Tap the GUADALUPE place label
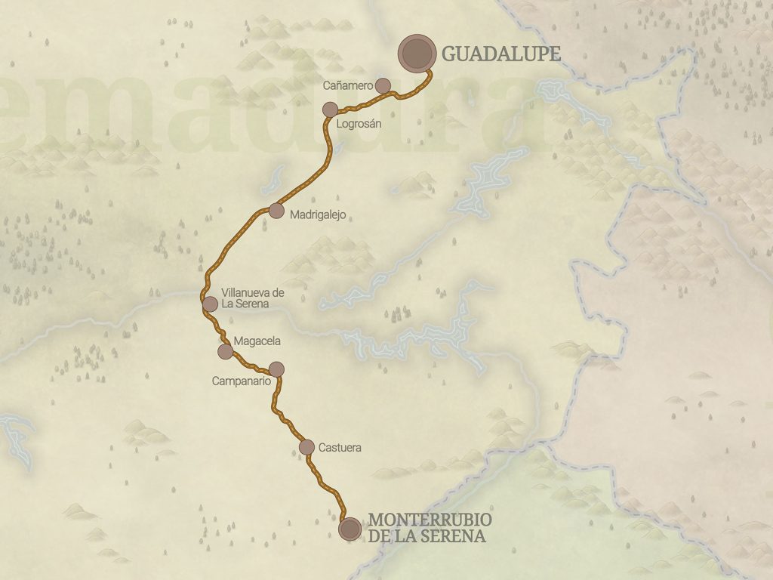click(500, 54)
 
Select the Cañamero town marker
click(383, 85)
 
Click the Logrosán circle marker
click(330, 110)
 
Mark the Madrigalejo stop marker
click(276, 211)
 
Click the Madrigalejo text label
click(317, 215)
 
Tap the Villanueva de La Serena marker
click(210, 304)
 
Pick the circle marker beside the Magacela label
click(225, 351)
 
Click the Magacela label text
click(257, 341)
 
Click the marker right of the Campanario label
click(276, 369)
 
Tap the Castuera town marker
click(306, 447)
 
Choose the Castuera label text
click(340, 448)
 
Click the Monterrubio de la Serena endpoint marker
click(350, 529)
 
